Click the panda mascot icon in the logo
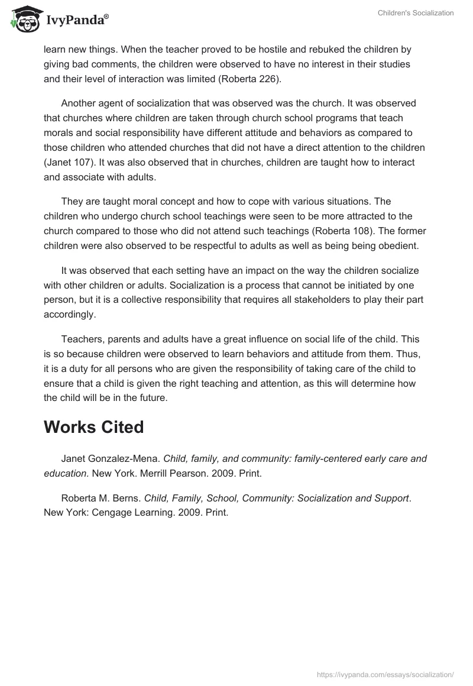click(x=23, y=20)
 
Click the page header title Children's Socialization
click(x=416, y=13)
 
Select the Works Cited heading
click(x=93, y=427)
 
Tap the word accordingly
click(x=69, y=314)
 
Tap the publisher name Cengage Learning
click(x=125, y=513)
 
